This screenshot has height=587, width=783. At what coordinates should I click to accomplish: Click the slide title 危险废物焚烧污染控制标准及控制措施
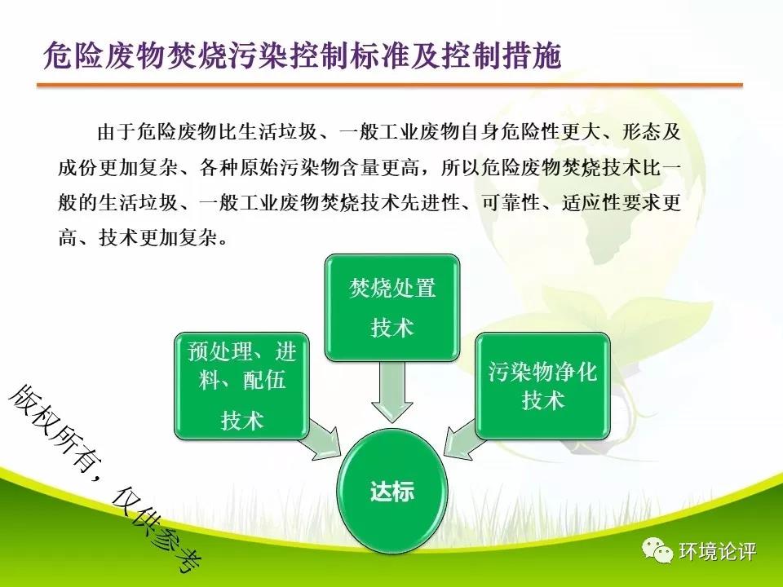click(302, 55)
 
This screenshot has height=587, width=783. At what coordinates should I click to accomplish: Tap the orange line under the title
click(390, 86)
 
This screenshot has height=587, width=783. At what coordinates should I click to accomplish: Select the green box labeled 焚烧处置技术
click(392, 307)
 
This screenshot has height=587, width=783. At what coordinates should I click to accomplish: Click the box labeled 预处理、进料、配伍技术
click(241, 386)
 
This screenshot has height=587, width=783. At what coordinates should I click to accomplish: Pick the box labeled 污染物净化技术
click(543, 386)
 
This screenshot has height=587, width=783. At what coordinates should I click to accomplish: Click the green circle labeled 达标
click(392, 491)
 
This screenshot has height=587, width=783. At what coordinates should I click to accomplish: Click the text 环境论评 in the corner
click(717, 552)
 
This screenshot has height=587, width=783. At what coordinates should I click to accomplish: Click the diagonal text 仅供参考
click(156, 530)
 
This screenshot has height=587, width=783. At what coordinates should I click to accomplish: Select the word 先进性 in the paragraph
click(430, 203)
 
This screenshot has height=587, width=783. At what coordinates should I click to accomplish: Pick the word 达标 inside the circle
click(392, 491)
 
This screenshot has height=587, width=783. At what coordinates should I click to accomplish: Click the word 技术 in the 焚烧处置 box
click(392, 328)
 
